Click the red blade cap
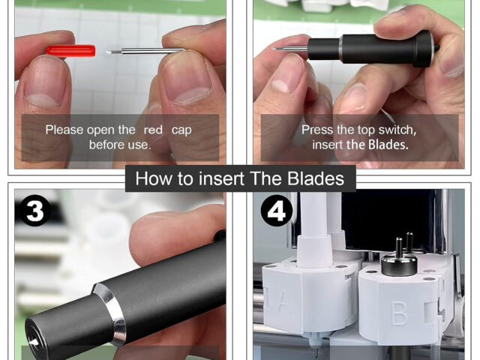coord(70,51)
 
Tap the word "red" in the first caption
coord(153,130)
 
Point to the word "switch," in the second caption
coord(397,130)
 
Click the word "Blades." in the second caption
coord(388,145)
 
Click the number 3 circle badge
coord(34,211)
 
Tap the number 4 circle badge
coord(277,211)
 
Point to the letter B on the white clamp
coord(400,313)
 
